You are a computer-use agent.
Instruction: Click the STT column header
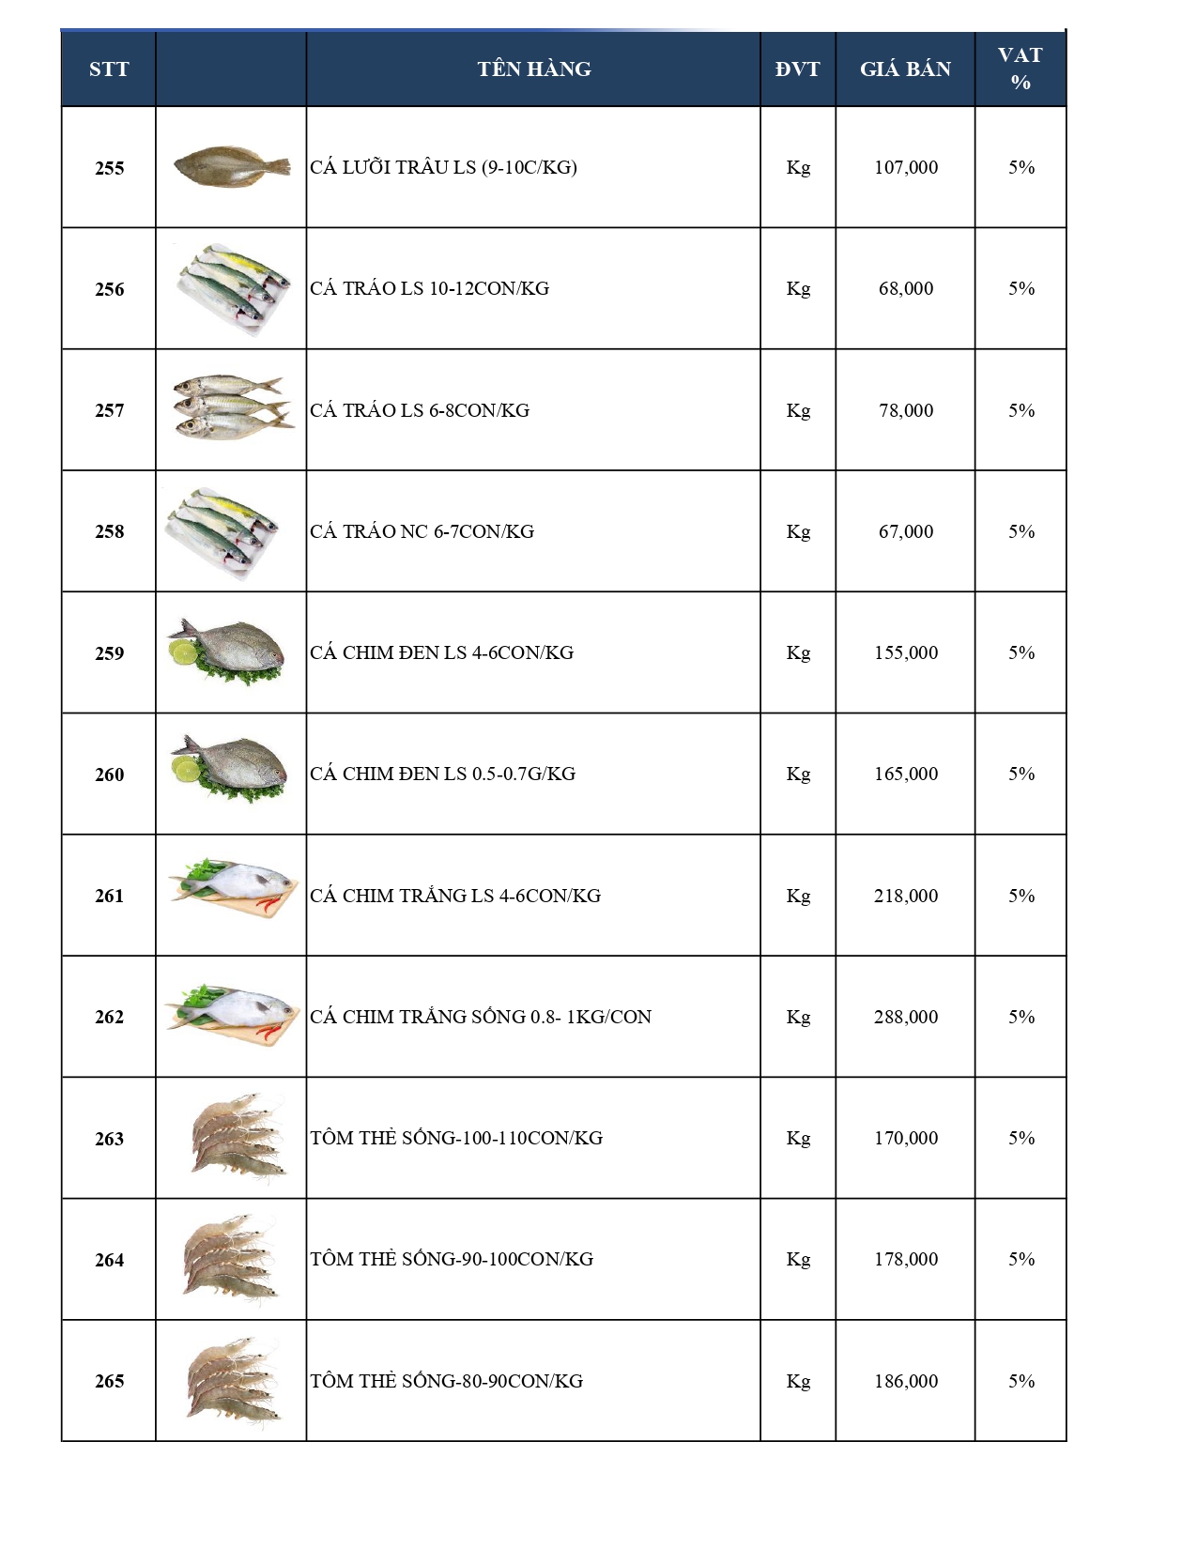109,69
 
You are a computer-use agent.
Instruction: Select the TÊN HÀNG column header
533,69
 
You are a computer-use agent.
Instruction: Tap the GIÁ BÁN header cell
905,69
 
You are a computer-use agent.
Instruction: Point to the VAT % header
1021,69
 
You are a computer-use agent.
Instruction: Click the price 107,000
906,167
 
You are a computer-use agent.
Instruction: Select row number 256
109,289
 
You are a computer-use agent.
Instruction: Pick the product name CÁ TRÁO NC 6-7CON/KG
422,531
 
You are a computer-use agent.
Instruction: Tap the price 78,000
906,410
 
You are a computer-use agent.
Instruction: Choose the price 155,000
906,652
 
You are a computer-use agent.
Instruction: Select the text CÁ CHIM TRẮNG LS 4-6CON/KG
455,896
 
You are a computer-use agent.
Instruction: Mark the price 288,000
906,1017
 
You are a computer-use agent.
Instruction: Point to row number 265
109,1381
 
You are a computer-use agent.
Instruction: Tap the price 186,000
906,1381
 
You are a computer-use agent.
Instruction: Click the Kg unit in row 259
798,652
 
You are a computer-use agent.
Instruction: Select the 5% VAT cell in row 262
1021,1017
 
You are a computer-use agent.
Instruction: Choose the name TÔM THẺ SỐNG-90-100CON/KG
452,1259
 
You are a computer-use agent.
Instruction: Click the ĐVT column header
797,69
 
